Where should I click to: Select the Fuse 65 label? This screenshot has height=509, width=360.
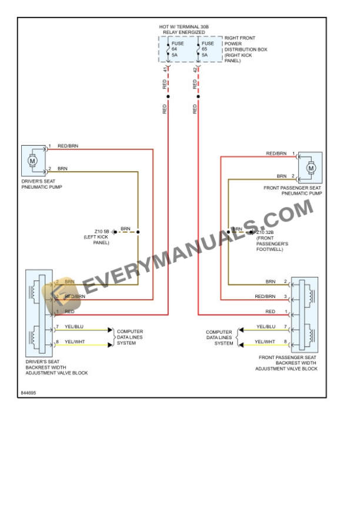[x=208, y=49]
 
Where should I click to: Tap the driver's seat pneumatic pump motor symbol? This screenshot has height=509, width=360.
[x=32, y=160]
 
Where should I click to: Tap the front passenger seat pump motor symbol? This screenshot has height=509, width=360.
[x=311, y=168]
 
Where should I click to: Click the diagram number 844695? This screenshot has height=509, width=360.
[x=28, y=392]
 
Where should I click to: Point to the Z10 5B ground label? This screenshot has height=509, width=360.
[x=99, y=235]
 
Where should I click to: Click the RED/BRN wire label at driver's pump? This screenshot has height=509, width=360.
[x=68, y=146]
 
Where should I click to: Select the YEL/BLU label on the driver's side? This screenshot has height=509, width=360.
[x=74, y=327]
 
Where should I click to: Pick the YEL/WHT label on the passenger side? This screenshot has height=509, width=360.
[x=266, y=341]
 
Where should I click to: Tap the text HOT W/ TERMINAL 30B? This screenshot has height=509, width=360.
[x=184, y=27]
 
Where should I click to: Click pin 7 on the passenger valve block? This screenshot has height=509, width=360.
[x=285, y=327]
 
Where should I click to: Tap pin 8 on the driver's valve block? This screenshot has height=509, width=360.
[x=57, y=341]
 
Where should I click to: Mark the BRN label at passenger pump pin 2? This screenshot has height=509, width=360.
[x=282, y=176]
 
